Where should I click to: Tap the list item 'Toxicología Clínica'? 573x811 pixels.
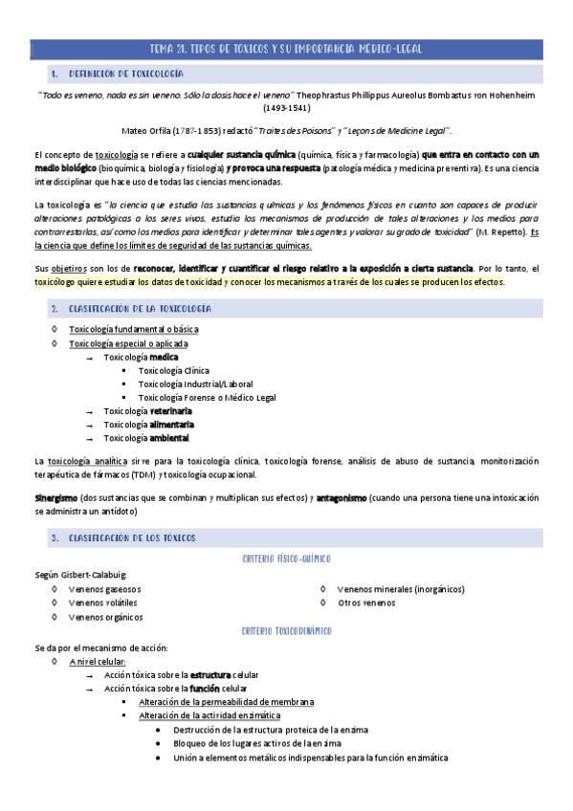click(173, 370)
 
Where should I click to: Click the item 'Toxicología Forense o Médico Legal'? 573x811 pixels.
click(207, 397)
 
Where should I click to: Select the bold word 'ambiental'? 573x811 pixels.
click(169, 438)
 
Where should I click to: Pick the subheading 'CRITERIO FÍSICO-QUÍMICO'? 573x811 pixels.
click(286, 559)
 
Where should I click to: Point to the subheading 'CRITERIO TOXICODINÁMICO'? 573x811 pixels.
click(286, 631)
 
